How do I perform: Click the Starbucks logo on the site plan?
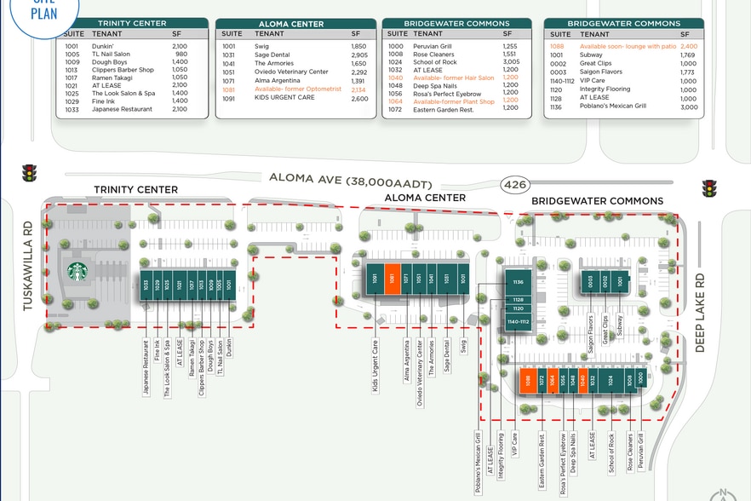[x=77, y=272]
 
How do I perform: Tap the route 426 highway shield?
[x=514, y=184]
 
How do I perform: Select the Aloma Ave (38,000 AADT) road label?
[x=351, y=178]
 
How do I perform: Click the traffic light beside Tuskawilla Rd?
[x=30, y=174]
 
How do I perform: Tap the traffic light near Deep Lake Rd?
[x=709, y=188]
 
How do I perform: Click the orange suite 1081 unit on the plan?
[x=393, y=278]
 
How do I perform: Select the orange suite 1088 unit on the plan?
[x=528, y=381]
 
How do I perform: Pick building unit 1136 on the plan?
[x=516, y=280]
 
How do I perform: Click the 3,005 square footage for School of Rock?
[x=510, y=62]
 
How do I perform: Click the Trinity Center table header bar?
[x=131, y=23]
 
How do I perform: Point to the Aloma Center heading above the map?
[x=425, y=198]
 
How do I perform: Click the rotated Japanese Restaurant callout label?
[x=146, y=366]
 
